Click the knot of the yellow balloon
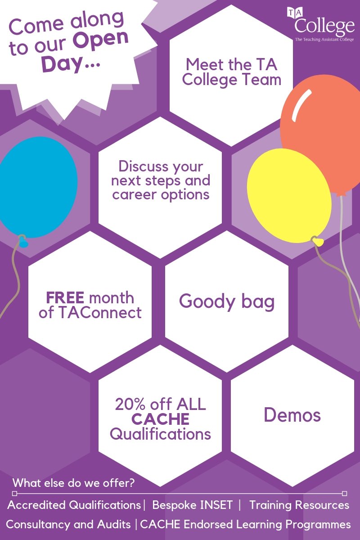coord(318,242)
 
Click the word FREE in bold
coord(65,297)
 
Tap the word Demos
coord(292,414)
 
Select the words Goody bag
coord(227,301)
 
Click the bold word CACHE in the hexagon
coord(160,419)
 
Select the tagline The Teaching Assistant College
coord(324,40)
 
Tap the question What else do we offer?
coord(74,483)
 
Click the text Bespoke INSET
coord(193,505)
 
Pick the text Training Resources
coord(299,505)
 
